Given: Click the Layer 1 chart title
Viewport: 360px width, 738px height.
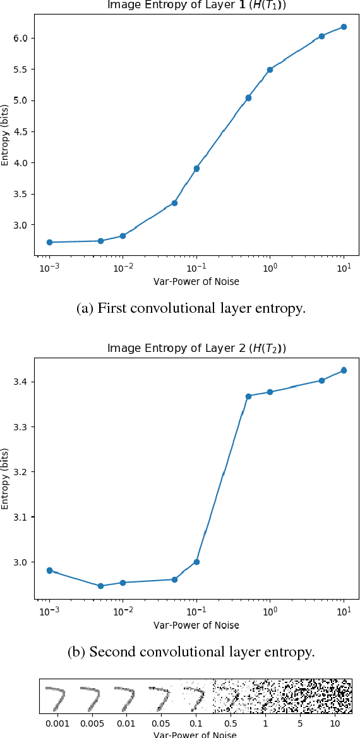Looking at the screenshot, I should tap(196, 5).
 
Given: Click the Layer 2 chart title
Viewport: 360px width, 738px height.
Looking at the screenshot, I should tap(196, 348).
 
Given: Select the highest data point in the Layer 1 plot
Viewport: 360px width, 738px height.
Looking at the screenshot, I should tap(344, 27).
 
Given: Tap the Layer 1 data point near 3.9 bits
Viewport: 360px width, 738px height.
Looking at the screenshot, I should tap(196, 169).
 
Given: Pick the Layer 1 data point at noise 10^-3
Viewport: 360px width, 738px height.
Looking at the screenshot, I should tap(49, 242).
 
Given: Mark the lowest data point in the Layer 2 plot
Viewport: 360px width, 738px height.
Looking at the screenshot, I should tap(100, 586).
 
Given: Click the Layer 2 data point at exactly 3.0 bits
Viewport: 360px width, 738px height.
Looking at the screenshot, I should tap(196, 562).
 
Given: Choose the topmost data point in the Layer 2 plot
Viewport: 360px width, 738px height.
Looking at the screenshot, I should tap(344, 370).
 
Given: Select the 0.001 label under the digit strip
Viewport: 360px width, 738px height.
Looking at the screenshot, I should tap(56, 722).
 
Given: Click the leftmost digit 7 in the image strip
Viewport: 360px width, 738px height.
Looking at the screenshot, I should tap(56, 697).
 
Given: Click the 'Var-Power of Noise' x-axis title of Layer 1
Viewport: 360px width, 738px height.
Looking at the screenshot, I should tap(196, 282).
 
